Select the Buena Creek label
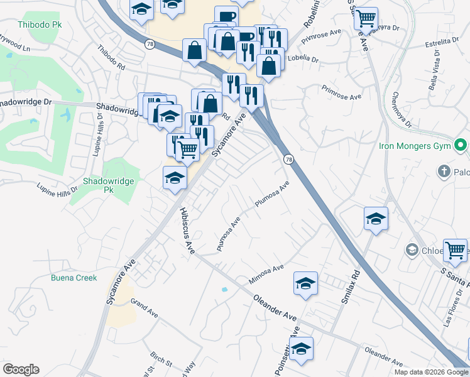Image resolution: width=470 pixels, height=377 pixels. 74,278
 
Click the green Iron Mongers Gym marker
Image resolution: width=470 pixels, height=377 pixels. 461,146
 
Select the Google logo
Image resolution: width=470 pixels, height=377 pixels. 21,369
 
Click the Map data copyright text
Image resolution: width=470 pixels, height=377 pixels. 431,372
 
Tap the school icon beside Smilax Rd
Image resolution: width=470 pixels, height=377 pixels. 376,219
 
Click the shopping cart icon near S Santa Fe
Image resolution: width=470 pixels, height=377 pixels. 454,250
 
